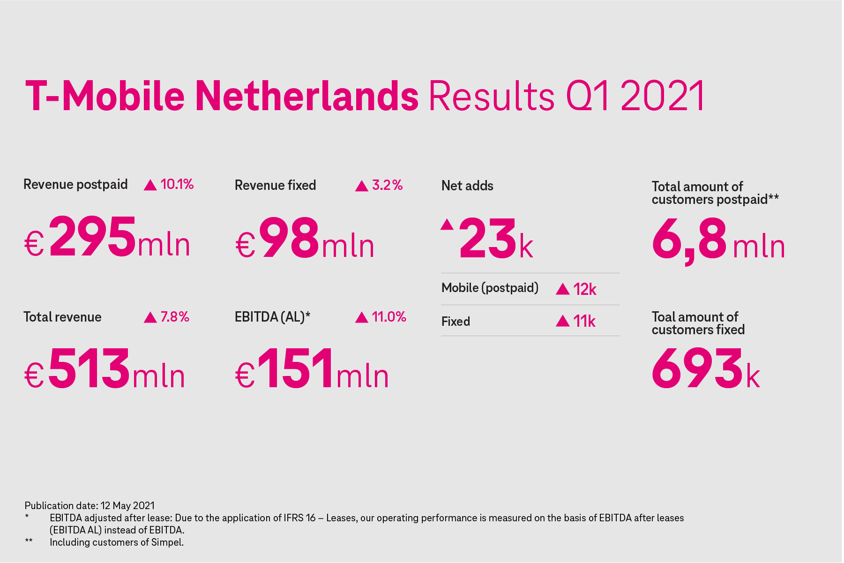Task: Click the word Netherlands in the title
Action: pos(307,96)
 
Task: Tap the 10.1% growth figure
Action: pos(177,184)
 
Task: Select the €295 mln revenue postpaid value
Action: pos(107,237)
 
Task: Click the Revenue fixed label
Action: pos(276,185)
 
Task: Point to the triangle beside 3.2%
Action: pos(361,186)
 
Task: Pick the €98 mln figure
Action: pos(305,238)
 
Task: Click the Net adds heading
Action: pos(467,186)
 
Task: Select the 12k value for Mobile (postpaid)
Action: pos(584,289)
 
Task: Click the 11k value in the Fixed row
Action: pos(584,321)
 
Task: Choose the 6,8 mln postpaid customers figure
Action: pos(718,240)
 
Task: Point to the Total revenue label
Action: pos(62,317)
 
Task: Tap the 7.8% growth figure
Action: pos(175,317)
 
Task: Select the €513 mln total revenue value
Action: pos(105,368)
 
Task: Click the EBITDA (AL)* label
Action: pos(273,317)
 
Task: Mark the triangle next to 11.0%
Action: pos(361,318)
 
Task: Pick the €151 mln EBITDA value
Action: pos(312,368)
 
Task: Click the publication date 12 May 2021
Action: pos(127,506)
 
